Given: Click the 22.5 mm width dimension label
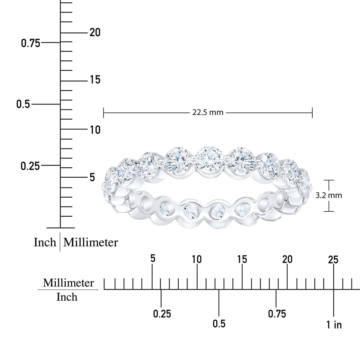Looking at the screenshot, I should point(208,113).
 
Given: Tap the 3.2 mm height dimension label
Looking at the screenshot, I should point(329,196).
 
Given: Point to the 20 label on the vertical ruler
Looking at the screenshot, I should point(95,32).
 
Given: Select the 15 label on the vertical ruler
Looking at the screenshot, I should point(95,80).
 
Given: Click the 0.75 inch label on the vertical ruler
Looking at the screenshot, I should point(30,43).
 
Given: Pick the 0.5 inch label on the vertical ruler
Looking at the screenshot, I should point(23,104).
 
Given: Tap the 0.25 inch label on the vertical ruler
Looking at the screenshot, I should point(30,166).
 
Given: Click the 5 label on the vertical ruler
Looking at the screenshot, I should point(92,177).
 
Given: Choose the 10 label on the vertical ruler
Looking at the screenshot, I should point(95,130).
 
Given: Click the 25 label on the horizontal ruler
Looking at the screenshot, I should point(333,260).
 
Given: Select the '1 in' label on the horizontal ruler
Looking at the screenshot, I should point(334,324).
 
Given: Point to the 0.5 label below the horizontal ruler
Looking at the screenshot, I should point(219,324).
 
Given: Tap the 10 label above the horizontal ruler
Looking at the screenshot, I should point(197,259).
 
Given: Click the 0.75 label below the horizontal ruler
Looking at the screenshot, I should point(277,314).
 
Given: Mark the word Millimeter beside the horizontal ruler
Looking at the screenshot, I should point(68,283).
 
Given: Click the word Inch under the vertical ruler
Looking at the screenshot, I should point(45,242).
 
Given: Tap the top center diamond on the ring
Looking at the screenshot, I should point(210,159).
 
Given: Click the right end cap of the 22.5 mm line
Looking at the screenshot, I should point(312,113).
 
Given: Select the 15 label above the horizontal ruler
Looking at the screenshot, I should point(242,259).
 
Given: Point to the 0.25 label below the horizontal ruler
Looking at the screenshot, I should point(162,314).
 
